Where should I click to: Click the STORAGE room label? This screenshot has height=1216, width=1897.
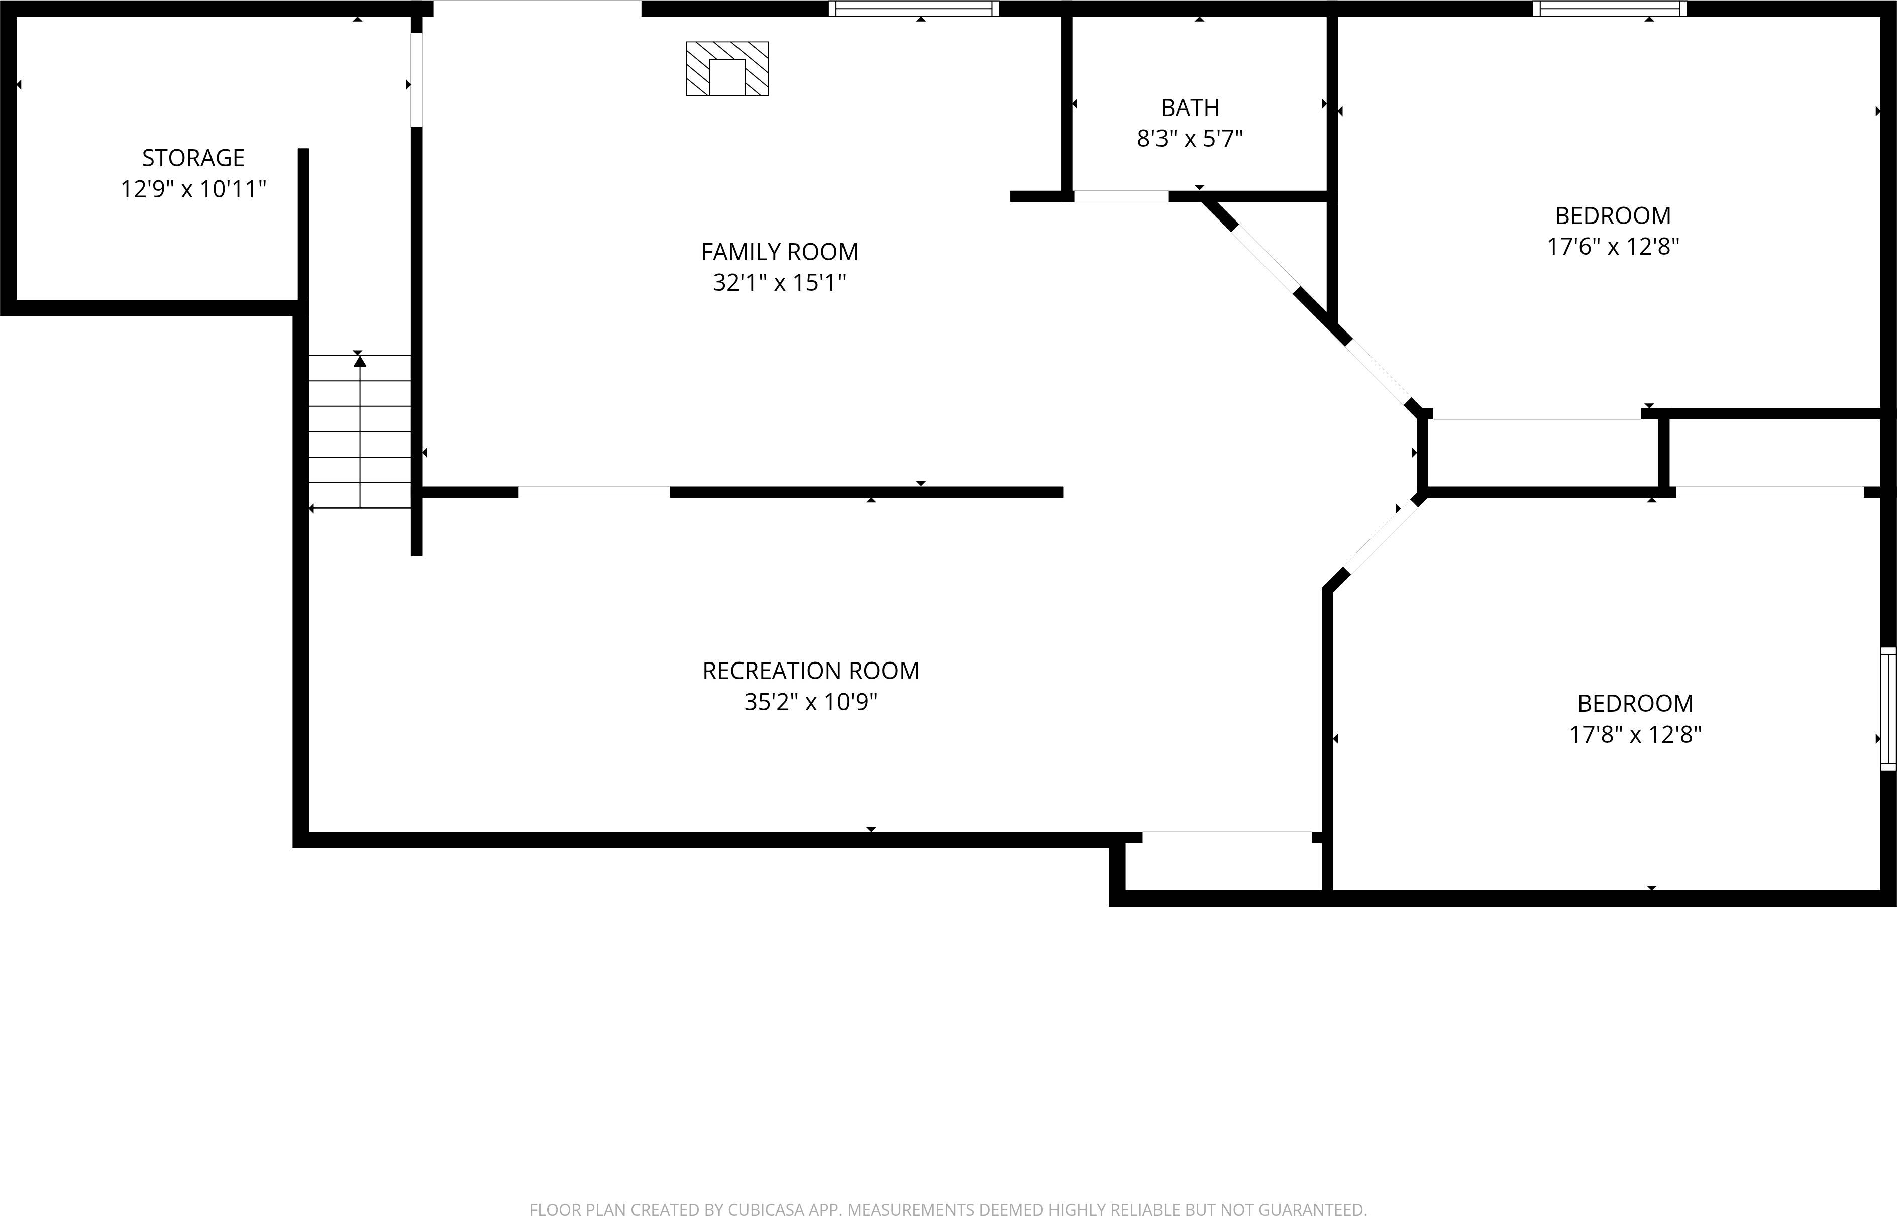(x=193, y=158)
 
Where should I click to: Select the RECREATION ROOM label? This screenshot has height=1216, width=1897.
(x=810, y=671)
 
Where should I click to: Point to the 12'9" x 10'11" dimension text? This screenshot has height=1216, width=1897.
(x=193, y=189)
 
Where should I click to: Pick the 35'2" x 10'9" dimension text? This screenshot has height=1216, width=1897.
(x=810, y=702)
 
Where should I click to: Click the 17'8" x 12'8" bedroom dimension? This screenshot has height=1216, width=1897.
(x=1635, y=734)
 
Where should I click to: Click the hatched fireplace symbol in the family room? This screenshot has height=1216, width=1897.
(x=726, y=69)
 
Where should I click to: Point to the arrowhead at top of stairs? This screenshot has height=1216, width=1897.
(x=360, y=361)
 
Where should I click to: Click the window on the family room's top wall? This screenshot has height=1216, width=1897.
(x=914, y=9)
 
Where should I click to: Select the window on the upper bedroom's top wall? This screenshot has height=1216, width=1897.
(x=1610, y=9)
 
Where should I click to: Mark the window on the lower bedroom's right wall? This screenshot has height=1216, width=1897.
(x=1887, y=708)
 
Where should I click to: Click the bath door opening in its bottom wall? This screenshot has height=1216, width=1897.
(x=1121, y=196)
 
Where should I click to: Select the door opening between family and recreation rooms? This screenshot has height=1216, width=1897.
(x=594, y=492)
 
